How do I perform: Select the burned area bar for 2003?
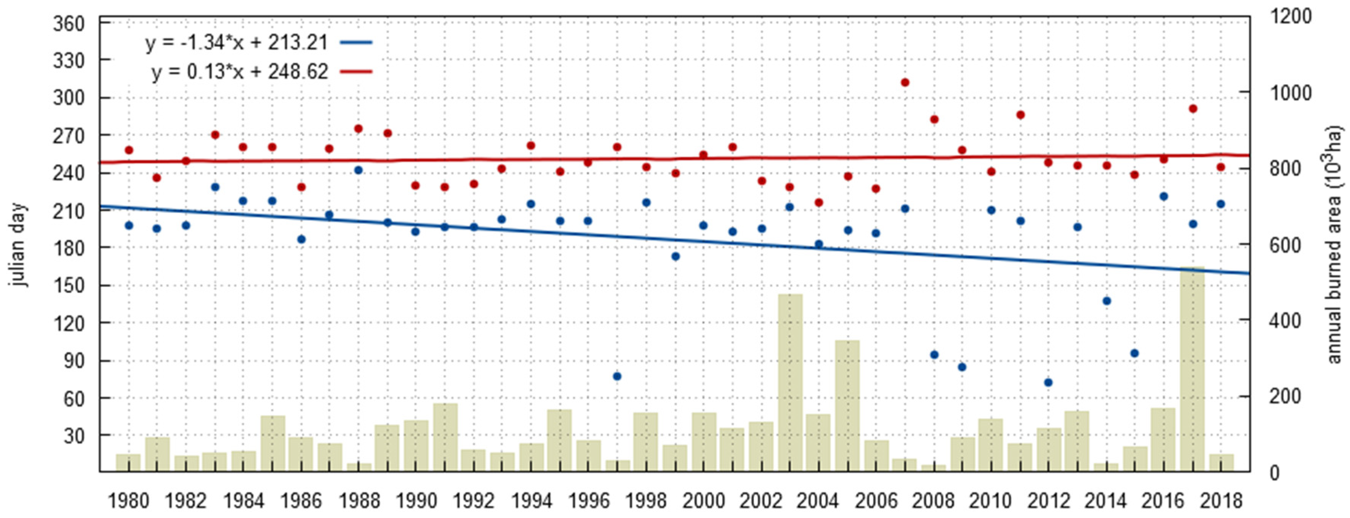790,383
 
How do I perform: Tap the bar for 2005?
847,406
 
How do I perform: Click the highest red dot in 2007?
905,82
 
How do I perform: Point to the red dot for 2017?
1193,109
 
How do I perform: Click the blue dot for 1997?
617,376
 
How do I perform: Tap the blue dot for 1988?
359,170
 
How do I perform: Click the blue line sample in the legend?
356,42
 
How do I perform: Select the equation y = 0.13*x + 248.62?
240,72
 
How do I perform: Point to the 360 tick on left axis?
69,24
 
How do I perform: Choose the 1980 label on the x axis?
128,501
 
